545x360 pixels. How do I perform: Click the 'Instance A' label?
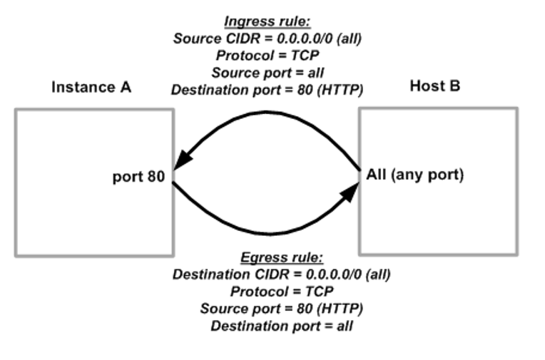pos(91,88)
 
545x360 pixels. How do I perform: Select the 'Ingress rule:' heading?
pos(268,22)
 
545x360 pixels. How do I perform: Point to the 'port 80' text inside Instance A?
pos(138,176)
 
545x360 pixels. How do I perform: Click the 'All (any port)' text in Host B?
pos(414,175)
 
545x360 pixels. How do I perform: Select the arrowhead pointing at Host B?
pos(351,190)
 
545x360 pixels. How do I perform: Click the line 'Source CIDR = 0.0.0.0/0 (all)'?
pos(268,38)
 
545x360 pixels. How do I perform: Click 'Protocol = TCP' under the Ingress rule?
pos(267,56)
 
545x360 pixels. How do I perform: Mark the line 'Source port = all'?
pos(267,73)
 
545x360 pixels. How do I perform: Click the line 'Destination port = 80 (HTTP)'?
pos(268,90)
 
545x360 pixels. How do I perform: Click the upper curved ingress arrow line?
pos(268,112)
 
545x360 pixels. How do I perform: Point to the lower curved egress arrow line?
pos(268,232)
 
